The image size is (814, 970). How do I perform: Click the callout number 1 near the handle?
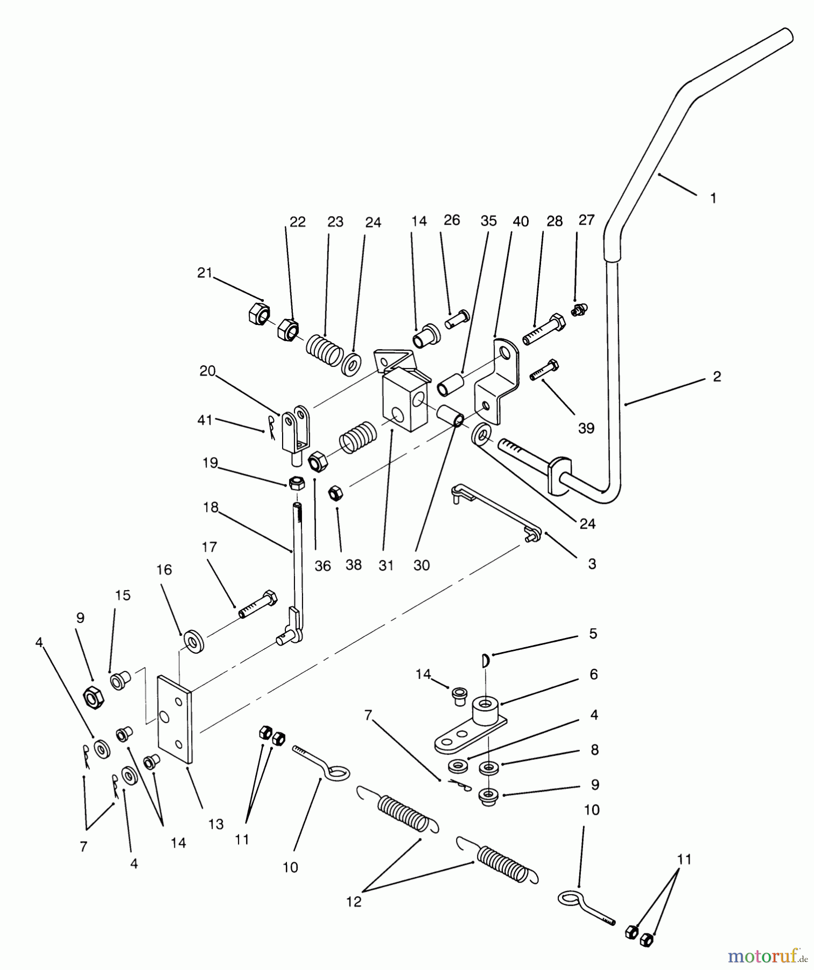(713, 198)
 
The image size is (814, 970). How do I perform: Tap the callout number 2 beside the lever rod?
(717, 377)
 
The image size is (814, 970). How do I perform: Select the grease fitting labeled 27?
(579, 310)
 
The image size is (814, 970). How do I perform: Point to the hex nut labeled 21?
(260, 313)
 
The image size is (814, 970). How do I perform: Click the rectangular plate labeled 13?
(174, 719)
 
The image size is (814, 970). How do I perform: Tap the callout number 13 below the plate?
(216, 825)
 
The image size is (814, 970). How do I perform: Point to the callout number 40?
(521, 222)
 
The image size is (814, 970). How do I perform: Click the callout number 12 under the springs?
(354, 902)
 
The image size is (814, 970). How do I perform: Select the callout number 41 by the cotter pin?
(205, 420)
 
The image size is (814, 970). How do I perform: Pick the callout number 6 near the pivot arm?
(594, 674)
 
